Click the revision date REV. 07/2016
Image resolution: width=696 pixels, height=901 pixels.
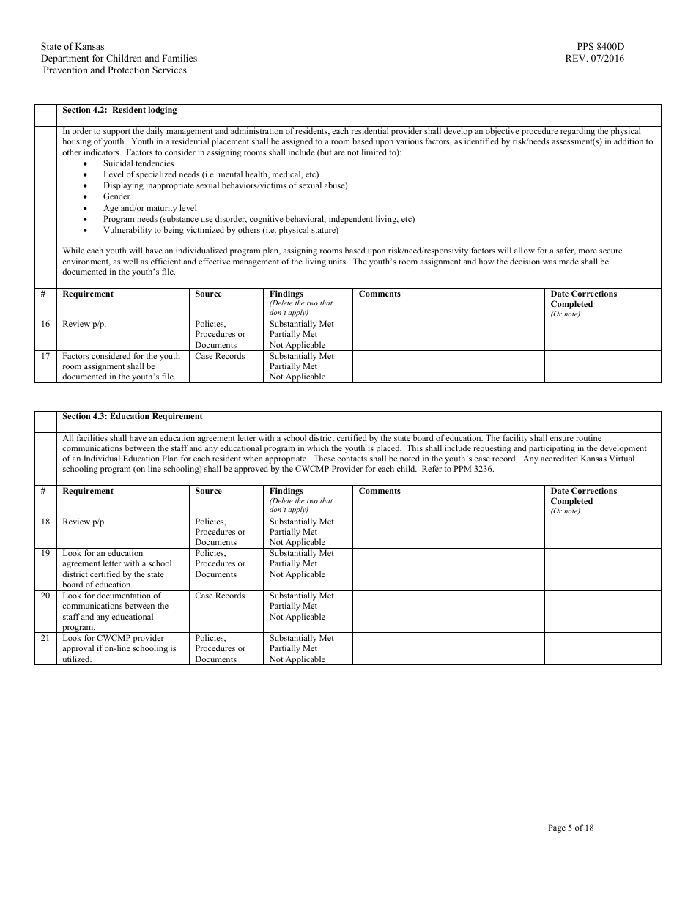(x=595, y=59)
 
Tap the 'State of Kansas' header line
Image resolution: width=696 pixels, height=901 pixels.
(x=73, y=47)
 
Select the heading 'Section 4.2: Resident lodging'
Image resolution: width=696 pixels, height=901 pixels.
(x=119, y=111)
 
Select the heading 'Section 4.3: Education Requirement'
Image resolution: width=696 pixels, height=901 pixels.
(x=133, y=417)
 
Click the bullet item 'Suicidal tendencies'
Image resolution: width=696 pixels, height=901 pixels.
(x=138, y=163)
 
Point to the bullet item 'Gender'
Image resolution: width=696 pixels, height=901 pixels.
(x=116, y=196)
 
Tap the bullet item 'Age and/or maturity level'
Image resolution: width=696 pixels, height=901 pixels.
(x=150, y=208)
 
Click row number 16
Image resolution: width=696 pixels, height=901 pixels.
(x=45, y=324)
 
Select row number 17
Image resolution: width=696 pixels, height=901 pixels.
(x=45, y=356)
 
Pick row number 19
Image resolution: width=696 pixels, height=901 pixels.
(x=45, y=553)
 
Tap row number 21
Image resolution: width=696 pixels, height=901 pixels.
(x=45, y=638)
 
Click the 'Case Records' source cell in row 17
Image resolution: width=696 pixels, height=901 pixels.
(x=220, y=356)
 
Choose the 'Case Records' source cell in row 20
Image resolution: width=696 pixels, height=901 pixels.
(x=220, y=596)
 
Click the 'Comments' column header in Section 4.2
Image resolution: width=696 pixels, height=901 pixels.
(x=380, y=294)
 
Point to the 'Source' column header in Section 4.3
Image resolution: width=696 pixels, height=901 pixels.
(x=208, y=492)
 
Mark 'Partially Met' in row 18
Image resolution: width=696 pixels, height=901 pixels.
(x=293, y=532)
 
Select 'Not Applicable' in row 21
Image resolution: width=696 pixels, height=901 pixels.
(x=297, y=659)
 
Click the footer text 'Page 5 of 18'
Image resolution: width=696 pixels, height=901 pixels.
(x=571, y=828)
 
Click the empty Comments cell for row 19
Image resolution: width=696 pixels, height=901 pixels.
(x=448, y=569)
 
